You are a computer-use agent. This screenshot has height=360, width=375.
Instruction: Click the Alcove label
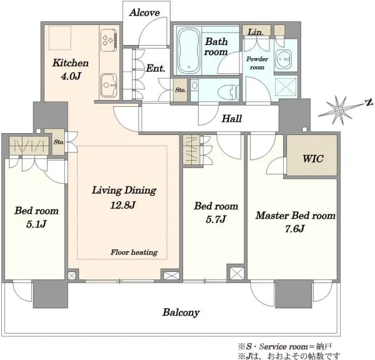(144, 12)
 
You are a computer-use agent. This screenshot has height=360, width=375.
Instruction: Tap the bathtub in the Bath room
(189, 51)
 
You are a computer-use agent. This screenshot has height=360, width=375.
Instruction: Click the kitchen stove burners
(109, 40)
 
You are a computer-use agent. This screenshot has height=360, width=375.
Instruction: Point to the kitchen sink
(109, 85)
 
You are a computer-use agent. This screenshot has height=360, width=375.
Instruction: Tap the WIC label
(313, 159)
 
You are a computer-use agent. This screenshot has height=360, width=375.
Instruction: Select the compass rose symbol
(338, 110)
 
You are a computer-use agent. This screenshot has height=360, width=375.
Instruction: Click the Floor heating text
(134, 252)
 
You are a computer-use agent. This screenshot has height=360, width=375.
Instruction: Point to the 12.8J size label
(123, 205)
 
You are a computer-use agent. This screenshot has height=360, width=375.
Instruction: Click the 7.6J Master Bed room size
(294, 229)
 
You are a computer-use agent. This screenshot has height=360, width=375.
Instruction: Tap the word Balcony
(181, 312)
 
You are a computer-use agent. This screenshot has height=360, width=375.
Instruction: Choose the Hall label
(231, 119)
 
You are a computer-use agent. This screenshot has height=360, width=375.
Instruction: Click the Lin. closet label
(256, 32)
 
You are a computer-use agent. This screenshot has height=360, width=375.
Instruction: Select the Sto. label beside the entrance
(181, 90)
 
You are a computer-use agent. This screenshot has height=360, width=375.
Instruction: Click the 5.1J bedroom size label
(36, 224)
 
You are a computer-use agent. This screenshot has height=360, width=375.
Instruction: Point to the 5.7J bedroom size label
(216, 219)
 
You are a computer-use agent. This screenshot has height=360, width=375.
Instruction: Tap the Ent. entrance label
(156, 68)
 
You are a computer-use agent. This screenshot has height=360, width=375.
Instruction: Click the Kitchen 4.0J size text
(71, 76)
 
